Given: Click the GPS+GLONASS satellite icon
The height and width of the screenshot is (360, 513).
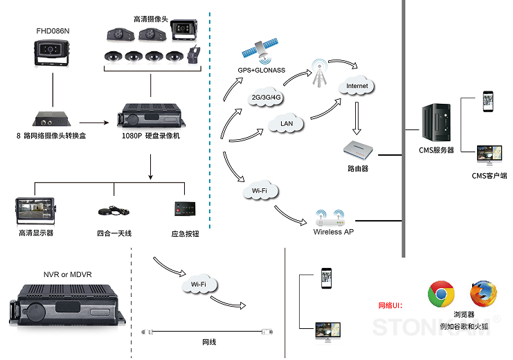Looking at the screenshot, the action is pyautogui.click(x=260, y=51).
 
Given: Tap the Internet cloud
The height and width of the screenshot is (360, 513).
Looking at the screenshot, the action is pyautogui.click(x=357, y=86).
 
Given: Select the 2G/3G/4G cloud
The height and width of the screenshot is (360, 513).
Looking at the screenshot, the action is pyautogui.click(x=266, y=97).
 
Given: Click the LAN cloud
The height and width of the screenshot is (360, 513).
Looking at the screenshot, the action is pyautogui.click(x=287, y=123).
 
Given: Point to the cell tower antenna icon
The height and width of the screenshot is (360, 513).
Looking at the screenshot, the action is pyautogui.click(x=319, y=73).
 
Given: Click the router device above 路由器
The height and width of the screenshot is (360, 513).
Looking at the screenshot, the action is pyautogui.click(x=358, y=150).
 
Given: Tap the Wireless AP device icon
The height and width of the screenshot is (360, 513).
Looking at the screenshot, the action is pyautogui.click(x=330, y=218).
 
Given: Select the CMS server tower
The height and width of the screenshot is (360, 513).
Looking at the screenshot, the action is pyautogui.click(x=436, y=123).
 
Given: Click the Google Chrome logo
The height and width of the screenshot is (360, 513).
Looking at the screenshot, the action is pyautogui.click(x=441, y=294).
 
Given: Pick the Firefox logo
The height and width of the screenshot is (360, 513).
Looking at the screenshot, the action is pyautogui.click(x=483, y=294).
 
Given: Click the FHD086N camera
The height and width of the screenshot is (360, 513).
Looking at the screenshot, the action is pyautogui.click(x=52, y=53).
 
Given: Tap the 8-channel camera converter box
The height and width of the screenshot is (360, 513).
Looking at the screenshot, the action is pyautogui.click(x=52, y=119).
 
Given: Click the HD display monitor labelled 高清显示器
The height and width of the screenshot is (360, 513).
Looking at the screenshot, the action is pyautogui.click(x=35, y=211).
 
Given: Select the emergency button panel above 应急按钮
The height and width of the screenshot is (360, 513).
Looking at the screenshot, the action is pyautogui.click(x=185, y=209).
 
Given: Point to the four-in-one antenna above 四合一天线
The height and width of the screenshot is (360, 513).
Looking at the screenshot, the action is pyautogui.click(x=114, y=211).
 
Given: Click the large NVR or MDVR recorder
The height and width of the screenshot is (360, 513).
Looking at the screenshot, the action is pyautogui.click(x=67, y=305).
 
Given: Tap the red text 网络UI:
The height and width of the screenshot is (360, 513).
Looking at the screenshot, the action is pyautogui.click(x=390, y=306).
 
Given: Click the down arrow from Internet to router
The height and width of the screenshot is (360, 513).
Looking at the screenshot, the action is pyautogui.click(x=357, y=118).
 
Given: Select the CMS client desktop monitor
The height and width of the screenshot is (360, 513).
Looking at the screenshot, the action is pyautogui.click(x=489, y=155).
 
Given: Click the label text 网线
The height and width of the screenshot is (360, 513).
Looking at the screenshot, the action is pyautogui.click(x=209, y=342).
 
